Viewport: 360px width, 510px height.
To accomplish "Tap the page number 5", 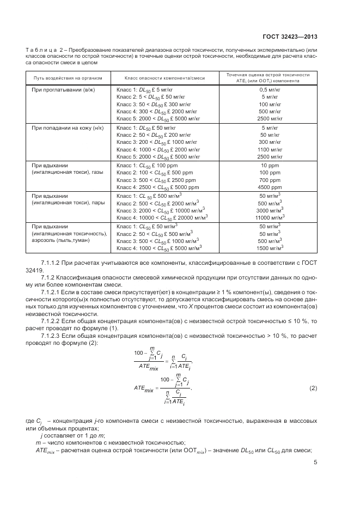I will click(315, 463).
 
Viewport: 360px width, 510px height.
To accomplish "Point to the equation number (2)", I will click(313, 388).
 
